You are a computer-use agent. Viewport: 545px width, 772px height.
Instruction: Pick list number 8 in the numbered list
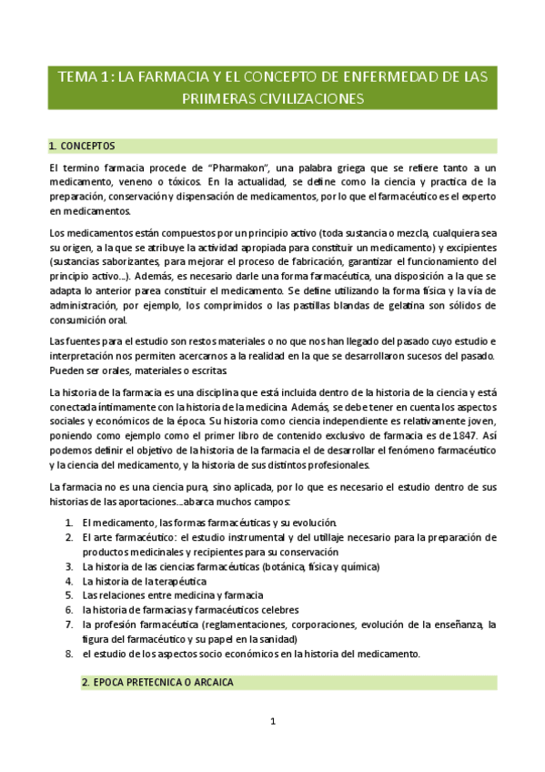pyautogui.click(x=69, y=654)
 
